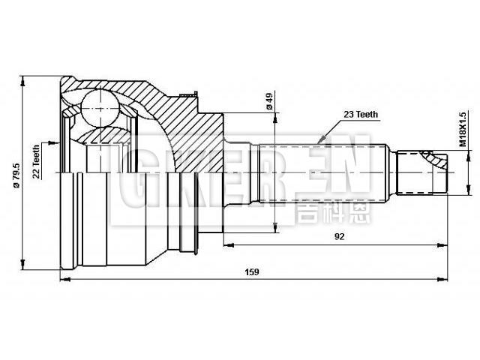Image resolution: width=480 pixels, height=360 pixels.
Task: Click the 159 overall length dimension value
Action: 251,273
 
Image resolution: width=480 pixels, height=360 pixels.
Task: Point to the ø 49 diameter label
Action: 268,100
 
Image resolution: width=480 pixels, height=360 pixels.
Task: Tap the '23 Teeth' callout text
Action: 361,114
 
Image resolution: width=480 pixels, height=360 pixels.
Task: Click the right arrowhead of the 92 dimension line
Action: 445,244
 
